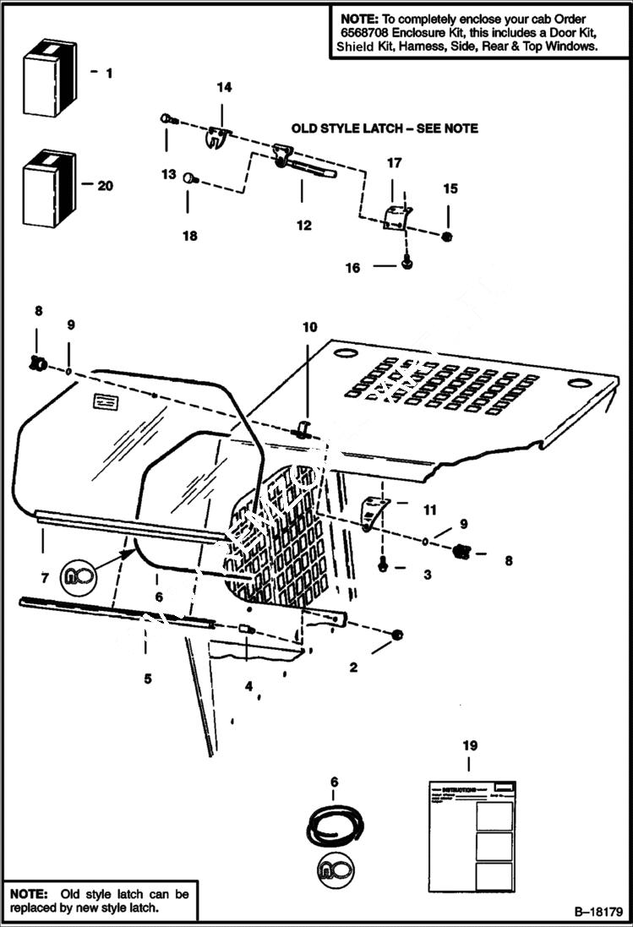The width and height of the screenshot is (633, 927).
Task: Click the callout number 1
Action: coord(108,74)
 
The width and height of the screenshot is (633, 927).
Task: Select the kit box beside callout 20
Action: coord(49,189)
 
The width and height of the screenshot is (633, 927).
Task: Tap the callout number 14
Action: coord(224,87)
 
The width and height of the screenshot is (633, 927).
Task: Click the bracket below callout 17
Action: coord(396,216)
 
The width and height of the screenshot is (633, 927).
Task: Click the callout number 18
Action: coord(190,236)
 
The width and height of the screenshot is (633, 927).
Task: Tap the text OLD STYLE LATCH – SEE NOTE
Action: coord(385,128)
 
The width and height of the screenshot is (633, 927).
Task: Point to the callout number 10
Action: coord(309,325)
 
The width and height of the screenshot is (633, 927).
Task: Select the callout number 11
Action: coord(430,510)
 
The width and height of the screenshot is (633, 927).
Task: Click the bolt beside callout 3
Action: coord(383,565)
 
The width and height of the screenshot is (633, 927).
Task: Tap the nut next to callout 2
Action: coord(398,635)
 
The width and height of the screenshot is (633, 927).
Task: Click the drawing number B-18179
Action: coord(598,913)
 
